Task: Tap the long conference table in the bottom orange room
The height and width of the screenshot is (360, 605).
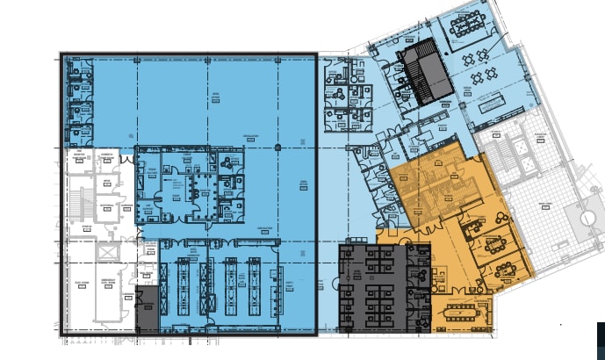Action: (462, 309)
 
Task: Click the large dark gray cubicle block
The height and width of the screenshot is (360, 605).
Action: (371, 287)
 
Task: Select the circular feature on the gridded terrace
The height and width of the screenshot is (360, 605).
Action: (584, 214)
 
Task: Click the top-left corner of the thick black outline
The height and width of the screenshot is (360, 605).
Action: (61, 54)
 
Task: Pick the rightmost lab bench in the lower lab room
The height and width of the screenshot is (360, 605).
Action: (256, 283)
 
